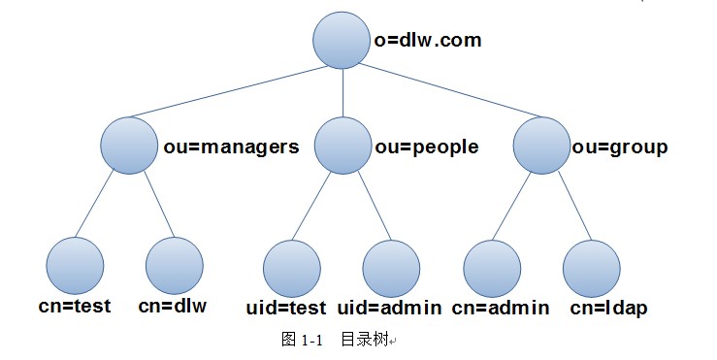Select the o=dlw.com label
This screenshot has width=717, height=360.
click(428, 42)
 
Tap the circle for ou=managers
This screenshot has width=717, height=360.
click(129, 147)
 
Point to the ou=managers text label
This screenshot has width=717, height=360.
click(231, 147)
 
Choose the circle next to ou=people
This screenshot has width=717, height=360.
click(342, 147)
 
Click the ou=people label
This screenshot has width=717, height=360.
click(427, 147)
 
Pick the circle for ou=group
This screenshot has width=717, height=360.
click(541, 147)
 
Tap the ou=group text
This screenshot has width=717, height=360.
click(619, 147)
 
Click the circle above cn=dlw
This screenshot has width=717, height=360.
click(175, 265)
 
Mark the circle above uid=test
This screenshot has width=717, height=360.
click(292, 268)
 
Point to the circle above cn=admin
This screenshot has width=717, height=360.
click(492, 268)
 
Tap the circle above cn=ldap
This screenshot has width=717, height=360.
click(591, 268)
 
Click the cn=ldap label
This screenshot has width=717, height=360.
click(608, 309)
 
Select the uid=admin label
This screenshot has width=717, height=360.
click(390, 309)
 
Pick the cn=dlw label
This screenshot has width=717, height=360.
click(173, 307)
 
